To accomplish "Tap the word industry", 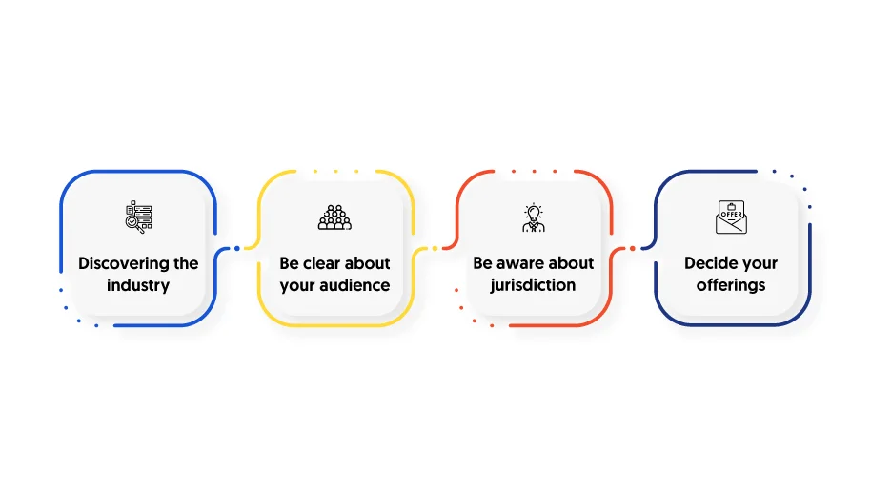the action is click(138, 285).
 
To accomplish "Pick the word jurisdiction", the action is click(533, 285).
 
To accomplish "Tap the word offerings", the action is click(731, 285).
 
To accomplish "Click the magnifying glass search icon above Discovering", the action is click(138, 217).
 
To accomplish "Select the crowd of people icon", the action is click(334, 217).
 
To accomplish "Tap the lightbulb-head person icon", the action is click(534, 217).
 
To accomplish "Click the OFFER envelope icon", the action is click(731, 217).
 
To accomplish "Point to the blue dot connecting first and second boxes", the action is click(237, 248).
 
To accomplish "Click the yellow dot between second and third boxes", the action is click(435, 248).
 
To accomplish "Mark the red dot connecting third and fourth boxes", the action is click(632, 248).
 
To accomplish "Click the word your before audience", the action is click(296, 286).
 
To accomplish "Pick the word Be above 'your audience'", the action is click(289, 263).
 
